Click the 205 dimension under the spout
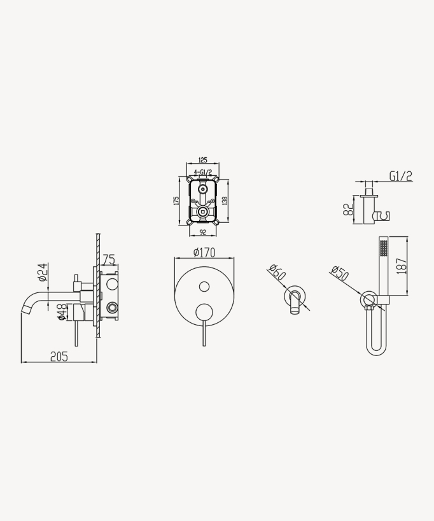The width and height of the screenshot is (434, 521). click(59, 357)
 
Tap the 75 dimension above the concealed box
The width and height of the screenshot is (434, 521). click(109, 259)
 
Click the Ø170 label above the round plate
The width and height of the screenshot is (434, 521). click(204, 253)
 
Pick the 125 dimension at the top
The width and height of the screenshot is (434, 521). click(203, 160)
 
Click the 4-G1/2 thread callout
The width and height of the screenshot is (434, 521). click(203, 172)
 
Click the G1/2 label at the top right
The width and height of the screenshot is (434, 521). click(400, 176)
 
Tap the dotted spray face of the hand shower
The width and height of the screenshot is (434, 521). click(383, 247)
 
